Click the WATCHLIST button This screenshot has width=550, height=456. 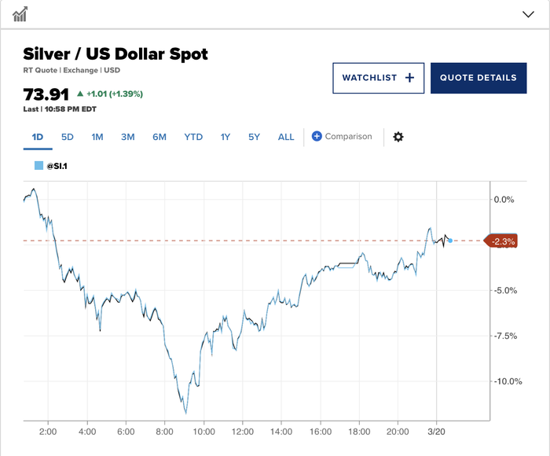[378, 78]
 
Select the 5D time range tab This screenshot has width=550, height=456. [68, 137]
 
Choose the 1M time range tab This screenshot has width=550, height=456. [97, 137]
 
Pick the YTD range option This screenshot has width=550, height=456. [193, 137]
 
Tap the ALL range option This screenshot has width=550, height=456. [286, 137]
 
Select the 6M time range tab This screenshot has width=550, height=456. [159, 137]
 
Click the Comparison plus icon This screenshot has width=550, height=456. [317, 136]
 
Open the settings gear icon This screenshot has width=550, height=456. [398, 137]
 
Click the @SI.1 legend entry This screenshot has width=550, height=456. [51, 166]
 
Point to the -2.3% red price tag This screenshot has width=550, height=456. [502, 241]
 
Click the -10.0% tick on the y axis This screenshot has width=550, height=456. [503, 381]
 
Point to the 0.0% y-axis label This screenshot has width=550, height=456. [503, 200]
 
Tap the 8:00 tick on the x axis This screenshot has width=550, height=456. [164, 432]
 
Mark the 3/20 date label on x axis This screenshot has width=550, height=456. [437, 432]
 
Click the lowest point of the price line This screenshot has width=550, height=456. [186, 413]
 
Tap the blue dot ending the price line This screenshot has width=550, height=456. [449, 240]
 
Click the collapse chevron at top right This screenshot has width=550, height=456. [528, 14]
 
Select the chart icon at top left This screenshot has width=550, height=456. [21, 14]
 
